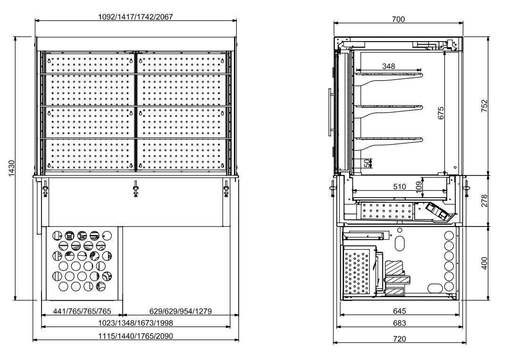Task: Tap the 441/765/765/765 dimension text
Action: [x=82, y=311]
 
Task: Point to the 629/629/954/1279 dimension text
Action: [x=177, y=311]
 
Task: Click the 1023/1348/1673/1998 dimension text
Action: [x=135, y=323]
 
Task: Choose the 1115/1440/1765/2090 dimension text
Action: [x=135, y=335]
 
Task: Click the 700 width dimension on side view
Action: [x=399, y=19]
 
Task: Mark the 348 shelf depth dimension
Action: [x=388, y=66]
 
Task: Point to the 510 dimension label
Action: [x=399, y=186]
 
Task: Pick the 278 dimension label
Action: [x=484, y=201]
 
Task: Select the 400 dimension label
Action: [x=484, y=262]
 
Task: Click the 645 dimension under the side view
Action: [x=399, y=311]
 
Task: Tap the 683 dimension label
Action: [x=399, y=323]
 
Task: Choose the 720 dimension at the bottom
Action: [x=399, y=338]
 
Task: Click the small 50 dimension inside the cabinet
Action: [x=366, y=163]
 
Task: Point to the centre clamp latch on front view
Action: [x=136, y=189]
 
